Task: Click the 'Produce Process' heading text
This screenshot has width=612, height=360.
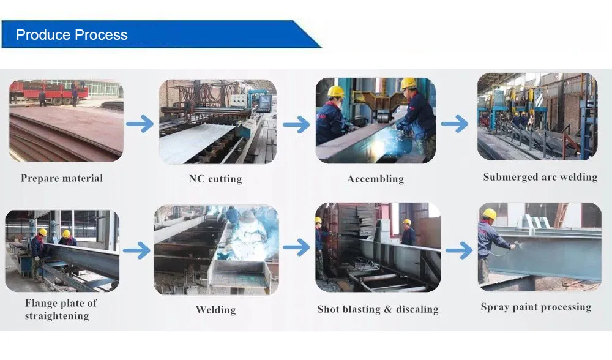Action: [x=72, y=35]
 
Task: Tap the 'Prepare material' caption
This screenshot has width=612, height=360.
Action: [x=62, y=178]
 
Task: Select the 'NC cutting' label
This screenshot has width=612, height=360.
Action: [x=215, y=179]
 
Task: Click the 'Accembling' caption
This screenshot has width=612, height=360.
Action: [x=375, y=179]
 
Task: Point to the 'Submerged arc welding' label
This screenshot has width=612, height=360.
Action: [x=540, y=177]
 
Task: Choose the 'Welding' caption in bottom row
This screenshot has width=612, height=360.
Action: [x=215, y=309]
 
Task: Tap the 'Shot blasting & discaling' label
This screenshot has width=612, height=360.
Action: [x=378, y=309]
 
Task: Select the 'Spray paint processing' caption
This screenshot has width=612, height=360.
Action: [x=535, y=307]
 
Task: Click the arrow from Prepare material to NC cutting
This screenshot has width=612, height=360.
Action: [x=140, y=124]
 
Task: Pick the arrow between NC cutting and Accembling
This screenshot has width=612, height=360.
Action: [x=296, y=125]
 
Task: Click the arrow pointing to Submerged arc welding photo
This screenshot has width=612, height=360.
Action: [x=454, y=124]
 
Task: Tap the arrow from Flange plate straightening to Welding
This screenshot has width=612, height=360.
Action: [x=136, y=250]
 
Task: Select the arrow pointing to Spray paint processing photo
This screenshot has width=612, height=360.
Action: [x=459, y=250]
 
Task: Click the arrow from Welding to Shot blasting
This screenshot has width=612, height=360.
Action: [x=296, y=247]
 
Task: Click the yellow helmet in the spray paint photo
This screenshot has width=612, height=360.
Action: [x=489, y=214]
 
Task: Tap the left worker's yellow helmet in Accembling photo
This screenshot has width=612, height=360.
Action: [x=336, y=91]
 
